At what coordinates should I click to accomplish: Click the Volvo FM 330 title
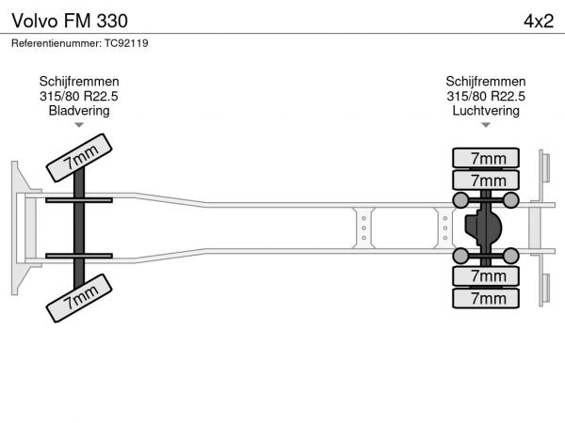point(70,21)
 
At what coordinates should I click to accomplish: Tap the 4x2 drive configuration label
point(539,22)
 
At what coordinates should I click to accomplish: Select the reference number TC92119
point(126,43)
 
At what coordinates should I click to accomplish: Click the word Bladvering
point(79,110)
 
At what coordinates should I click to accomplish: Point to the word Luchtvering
point(486,110)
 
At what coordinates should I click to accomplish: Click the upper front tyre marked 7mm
point(79,158)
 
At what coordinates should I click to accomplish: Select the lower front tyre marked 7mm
point(79,298)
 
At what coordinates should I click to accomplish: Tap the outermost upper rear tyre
point(486,158)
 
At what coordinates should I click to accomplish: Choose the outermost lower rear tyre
point(486,298)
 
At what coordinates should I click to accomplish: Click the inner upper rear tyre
point(486,180)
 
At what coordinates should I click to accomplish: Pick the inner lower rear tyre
point(486,276)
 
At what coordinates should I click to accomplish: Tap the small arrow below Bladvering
point(79,125)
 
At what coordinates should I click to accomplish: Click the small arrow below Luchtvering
point(486,125)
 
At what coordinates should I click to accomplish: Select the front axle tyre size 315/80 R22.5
point(79,96)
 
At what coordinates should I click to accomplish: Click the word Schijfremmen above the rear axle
point(486,81)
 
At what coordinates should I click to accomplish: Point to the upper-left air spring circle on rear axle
point(460,200)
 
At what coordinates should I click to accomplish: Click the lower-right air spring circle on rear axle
point(510,256)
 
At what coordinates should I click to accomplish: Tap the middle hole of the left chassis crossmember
point(363,228)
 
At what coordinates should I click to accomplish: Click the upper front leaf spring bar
point(79,200)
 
